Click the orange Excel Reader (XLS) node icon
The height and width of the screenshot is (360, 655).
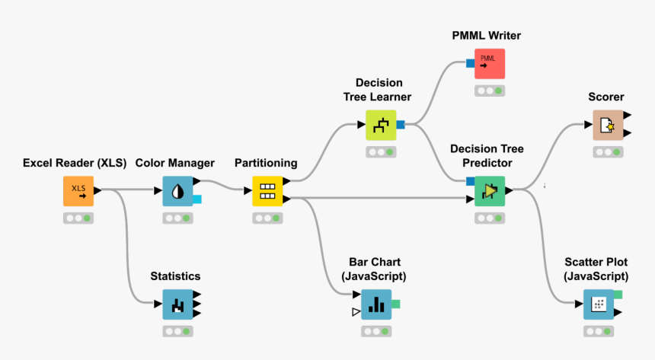(78, 191)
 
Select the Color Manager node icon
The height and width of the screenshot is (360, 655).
(177, 191)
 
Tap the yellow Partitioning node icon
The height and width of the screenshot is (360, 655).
(267, 191)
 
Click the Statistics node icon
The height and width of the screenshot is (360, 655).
(177, 304)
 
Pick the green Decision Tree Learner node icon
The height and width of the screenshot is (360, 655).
(381, 125)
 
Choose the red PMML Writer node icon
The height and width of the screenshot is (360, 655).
(489, 64)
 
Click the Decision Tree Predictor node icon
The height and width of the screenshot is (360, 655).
(489, 190)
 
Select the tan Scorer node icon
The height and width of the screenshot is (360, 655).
(607, 125)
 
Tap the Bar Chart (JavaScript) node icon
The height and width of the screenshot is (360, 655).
(375, 304)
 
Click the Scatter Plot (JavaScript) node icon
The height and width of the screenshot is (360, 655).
(598, 304)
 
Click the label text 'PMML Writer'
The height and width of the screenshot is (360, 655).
(486, 35)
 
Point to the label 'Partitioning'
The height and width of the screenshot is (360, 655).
(266, 163)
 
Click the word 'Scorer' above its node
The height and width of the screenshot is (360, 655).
(606, 97)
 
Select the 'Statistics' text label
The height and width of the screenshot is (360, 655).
(175, 276)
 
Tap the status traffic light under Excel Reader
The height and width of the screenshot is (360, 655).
(78, 218)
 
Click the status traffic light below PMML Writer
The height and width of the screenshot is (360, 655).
(489, 91)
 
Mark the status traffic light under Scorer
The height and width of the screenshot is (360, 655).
(607, 152)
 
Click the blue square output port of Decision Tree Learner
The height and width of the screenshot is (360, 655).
(401, 125)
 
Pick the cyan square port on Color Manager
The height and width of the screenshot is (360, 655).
(196, 199)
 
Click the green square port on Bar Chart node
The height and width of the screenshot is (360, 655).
(395, 304)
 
